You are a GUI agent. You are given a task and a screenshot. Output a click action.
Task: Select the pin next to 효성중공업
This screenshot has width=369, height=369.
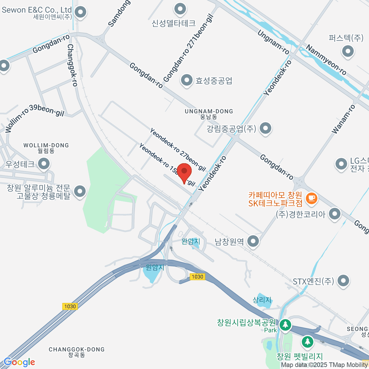pyautogui.click(x=186, y=81)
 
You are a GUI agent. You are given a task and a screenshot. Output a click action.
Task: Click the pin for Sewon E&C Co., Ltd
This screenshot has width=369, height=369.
pyautogui.click(x=81, y=13)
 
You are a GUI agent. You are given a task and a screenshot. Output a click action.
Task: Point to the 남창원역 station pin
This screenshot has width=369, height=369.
pyautogui.click(x=253, y=241)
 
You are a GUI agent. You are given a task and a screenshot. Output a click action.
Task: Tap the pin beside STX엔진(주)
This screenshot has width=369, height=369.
pyautogui.click(x=343, y=280)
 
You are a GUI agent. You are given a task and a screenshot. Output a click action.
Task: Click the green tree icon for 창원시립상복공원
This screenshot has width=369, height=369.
pyautogui.click(x=285, y=324)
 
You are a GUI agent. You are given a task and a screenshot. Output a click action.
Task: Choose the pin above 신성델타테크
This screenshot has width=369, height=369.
pyautogui.click(x=180, y=9)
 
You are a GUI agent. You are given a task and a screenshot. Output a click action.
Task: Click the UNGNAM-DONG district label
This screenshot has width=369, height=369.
pyautogui.click(x=209, y=111)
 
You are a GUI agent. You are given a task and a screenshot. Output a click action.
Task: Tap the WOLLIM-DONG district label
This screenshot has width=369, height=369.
pyautogui.click(x=46, y=145)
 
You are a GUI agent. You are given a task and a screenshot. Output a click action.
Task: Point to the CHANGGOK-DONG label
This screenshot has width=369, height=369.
pyautogui.click(x=77, y=349)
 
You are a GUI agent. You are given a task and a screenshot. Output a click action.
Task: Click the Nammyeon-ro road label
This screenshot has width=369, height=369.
pyautogui.click(x=326, y=60)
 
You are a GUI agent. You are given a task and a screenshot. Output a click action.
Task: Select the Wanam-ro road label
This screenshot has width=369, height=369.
pyautogui.click(x=343, y=119)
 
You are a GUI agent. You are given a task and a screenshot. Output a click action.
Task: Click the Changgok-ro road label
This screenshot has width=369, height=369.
pyautogui.click(x=72, y=65)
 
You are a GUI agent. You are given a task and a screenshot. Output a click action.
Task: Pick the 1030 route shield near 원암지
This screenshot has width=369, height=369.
pyautogui.click(x=197, y=277)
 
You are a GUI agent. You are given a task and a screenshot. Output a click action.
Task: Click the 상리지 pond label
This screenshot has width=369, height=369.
pyautogui.click(x=262, y=300)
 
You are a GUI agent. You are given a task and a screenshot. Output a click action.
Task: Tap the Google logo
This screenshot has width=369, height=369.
pyautogui.click(x=19, y=362)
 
